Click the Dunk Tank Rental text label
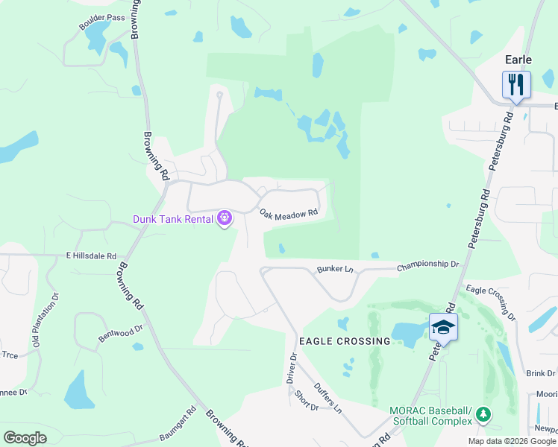pos(174,219)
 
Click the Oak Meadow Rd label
pos(289,214)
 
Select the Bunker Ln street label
pos(334,268)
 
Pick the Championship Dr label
pos(427,264)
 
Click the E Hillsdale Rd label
pos(92,256)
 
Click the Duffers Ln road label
pos(327,398)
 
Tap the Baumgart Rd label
pos(180,421)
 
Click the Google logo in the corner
pos(25,438)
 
